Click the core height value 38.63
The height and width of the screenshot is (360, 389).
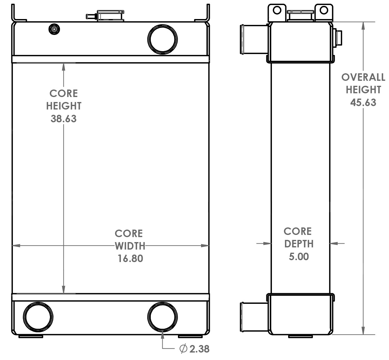(63, 119)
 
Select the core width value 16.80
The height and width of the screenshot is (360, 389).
(130, 259)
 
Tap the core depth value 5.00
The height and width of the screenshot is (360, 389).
(299, 257)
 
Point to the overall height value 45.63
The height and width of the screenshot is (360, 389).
(363, 103)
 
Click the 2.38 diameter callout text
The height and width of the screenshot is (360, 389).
(199, 349)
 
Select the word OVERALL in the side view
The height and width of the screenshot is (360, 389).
(363, 77)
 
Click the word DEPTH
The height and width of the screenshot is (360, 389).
(299, 244)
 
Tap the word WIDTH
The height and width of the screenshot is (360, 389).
(130, 246)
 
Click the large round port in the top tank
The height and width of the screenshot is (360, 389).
(162, 39)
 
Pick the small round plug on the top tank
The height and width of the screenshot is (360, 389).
(54, 29)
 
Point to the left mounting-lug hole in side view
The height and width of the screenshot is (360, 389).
(277, 10)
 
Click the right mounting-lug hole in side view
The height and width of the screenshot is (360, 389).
(324, 10)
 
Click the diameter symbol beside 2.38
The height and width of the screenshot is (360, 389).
(183, 349)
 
